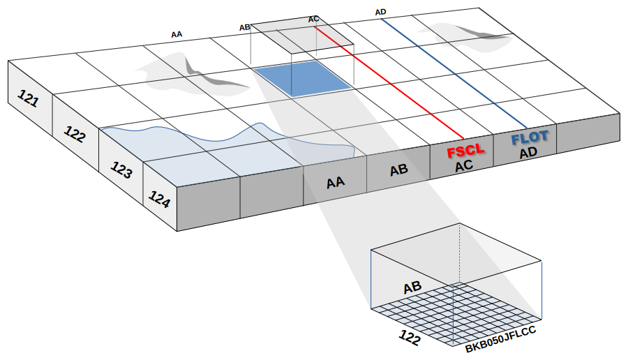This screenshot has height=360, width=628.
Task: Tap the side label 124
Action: click(x=160, y=200)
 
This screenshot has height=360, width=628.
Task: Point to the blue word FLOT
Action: click(x=530, y=138)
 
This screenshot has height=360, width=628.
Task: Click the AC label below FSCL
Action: click(x=464, y=166)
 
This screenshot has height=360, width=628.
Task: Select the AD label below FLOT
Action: click(x=528, y=151)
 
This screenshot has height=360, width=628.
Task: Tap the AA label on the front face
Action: click(x=336, y=183)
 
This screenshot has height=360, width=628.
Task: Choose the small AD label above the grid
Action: click(x=380, y=13)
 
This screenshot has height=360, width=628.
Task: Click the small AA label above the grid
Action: click(x=177, y=33)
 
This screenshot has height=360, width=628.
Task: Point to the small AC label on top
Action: click(x=314, y=19)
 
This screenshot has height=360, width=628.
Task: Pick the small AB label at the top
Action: click(x=245, y=27)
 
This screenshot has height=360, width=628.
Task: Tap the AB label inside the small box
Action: click(x=412, y=286)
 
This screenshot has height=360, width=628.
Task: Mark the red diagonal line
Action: click(x=391, y=82)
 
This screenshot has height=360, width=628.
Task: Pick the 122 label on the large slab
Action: click(x=75, y=134)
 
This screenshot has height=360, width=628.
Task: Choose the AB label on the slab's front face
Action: click(x=398, y=170)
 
